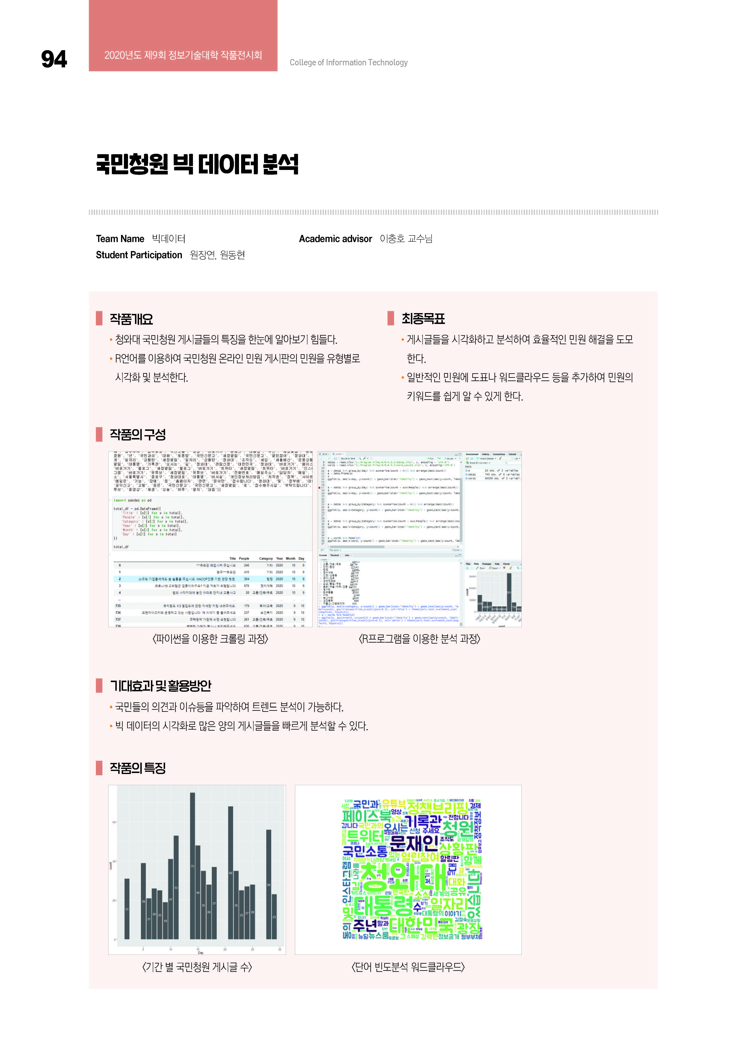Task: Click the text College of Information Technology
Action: click(348, 62)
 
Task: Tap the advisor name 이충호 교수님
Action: click(406, 239)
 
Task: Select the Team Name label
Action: click(120, 239)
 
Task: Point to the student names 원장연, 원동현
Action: click(217, 255)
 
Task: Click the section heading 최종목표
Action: click(423, 318)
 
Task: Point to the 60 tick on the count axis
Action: click(114, 822)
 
